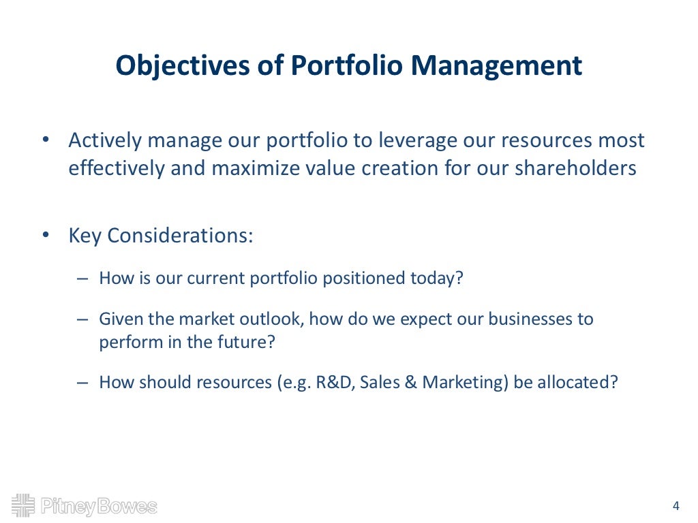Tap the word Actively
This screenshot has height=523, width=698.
click(x=104, y=141)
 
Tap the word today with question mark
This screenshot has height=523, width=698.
click(x=435, y=279)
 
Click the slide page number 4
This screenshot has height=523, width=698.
click(x=676, y=505)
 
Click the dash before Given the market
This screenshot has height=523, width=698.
click(x=82, y=319)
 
